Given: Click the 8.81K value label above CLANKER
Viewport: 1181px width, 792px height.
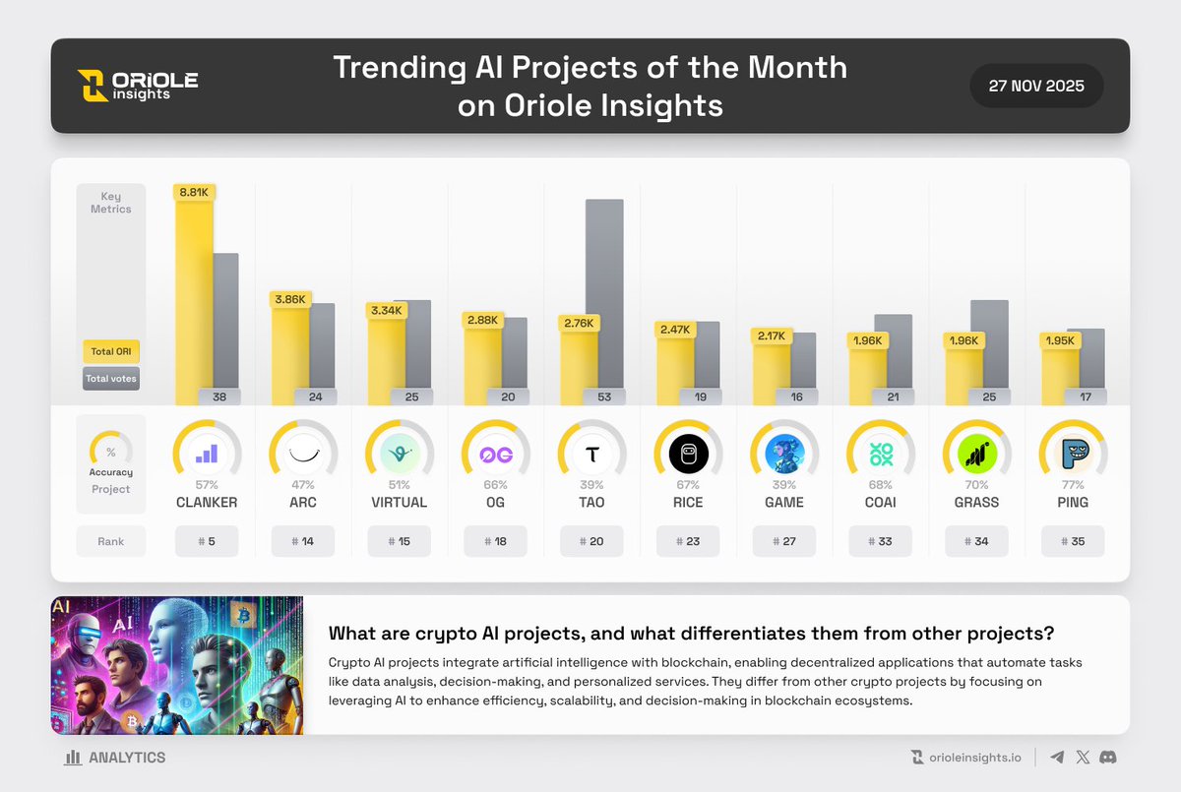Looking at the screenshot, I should [x=193, y=193].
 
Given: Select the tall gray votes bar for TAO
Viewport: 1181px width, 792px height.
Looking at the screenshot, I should [x=604, y=295].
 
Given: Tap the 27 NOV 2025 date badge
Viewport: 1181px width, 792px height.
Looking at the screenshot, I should [x=1036, y=86].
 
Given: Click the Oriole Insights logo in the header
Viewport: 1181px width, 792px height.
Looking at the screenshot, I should [x=138, y=86].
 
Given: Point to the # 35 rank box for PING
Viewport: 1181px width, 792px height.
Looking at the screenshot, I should [x=1073, y=541].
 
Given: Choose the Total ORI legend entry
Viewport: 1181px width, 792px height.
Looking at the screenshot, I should [x=110, y=351].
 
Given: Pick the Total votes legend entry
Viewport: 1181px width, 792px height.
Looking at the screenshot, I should [x=110, y=379].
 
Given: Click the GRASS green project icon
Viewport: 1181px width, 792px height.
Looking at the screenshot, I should [x=977, y=454].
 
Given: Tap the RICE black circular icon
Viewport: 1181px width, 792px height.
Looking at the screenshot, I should [x=688, y=454].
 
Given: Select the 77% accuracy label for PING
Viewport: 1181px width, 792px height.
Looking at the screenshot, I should [x=1073, y=485].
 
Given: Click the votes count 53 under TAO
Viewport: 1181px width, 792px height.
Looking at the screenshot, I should [x=604, y=397].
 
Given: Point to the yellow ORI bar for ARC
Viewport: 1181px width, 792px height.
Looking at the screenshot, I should [x=290, y=359].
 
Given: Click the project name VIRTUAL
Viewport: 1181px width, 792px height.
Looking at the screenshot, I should [x=399, y=502].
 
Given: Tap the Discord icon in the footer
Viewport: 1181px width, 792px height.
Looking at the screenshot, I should [x=1108, y=758].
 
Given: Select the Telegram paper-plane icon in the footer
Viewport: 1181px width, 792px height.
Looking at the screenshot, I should [x=1057, y=758].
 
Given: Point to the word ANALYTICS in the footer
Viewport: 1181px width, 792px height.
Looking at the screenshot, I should [x=127, y=758].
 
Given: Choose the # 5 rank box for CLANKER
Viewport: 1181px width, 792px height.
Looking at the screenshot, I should [x=207, y=541].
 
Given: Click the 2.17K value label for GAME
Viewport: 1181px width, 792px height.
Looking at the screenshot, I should [x=772, y=335].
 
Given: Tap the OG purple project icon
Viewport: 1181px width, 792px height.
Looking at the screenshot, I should [x=495, y=454].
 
